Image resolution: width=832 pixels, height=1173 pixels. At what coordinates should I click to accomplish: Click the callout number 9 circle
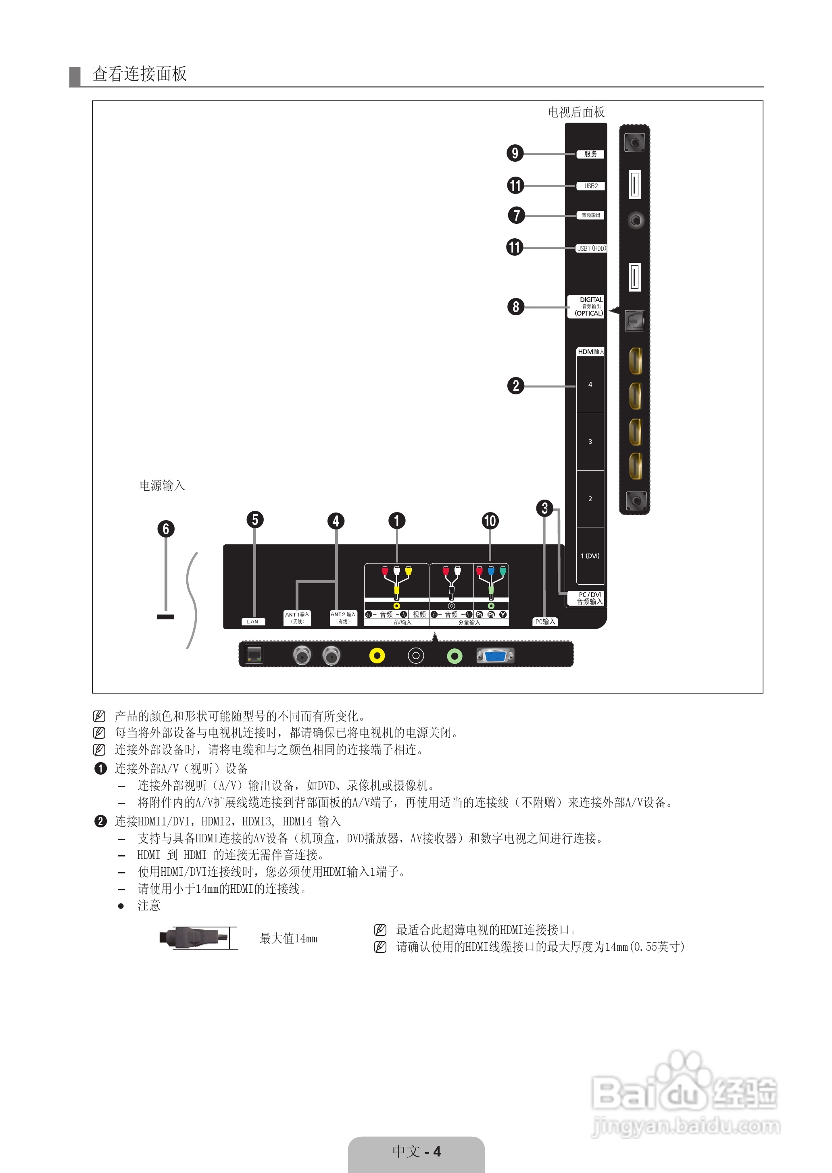coord(515,153)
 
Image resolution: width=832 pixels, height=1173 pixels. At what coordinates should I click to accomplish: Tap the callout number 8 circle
coord(516,307)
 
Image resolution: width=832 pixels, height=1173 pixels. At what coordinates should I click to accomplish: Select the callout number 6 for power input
coord(165,529)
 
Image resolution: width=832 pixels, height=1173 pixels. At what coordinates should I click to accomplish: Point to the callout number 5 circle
coord(254,519)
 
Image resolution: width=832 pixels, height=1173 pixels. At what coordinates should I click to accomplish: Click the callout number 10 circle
coord(490,521)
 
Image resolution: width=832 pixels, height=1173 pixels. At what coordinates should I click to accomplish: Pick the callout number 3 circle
coord(544,508)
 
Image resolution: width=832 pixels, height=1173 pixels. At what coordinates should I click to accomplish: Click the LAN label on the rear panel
coord(252,621)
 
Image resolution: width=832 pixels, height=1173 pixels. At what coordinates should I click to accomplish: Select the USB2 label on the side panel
coord(591,186)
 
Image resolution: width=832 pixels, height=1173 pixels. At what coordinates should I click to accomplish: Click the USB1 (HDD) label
coord(591,248)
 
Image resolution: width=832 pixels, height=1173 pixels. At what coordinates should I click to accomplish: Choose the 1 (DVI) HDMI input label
coord(590,556)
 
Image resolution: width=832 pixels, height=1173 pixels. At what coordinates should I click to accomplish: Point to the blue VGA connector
coord(495,656)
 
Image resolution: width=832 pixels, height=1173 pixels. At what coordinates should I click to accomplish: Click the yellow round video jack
coord(377,656)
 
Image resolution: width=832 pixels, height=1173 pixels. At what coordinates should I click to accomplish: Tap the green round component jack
coord(455,656)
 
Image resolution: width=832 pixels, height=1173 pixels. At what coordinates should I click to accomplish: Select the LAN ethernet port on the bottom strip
coord(254,654)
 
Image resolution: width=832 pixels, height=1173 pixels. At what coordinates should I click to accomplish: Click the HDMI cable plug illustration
coord(194,938)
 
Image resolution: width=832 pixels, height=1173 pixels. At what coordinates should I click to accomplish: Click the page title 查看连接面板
coord(140,74)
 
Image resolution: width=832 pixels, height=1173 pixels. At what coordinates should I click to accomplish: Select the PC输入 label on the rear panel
coord(545,621)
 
